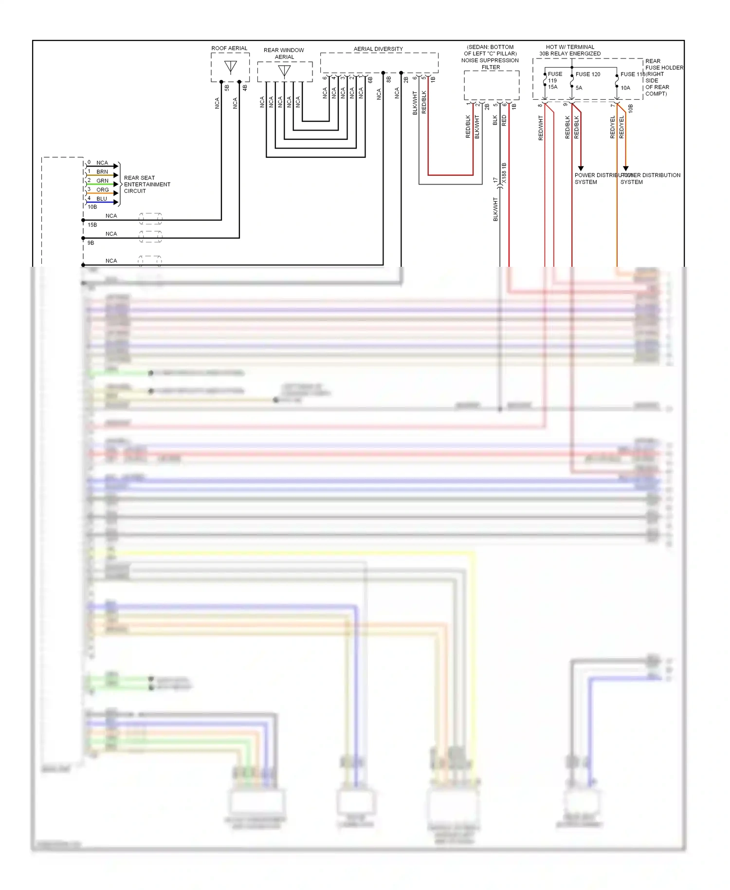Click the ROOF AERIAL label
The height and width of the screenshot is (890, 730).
tap(229, 48)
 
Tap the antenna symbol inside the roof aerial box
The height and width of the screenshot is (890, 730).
tap(231, 66)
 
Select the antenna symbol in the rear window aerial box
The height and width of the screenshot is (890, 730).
tap(285, 71)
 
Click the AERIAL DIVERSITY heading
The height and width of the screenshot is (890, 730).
tap(378, 49)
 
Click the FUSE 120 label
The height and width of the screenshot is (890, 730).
tap(588, 74)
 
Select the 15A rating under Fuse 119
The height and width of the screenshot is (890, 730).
tap(553, 87)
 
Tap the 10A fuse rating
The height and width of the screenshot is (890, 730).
tap(625, 88)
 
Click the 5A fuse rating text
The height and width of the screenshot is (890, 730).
tap(579, 88)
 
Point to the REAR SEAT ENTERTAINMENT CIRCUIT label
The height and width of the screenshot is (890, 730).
tap(146, 185)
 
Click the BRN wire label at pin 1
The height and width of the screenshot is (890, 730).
tap(102, 172)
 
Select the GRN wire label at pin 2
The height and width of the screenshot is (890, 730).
tap(102, 181)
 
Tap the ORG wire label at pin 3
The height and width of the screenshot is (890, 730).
tap(102, 190)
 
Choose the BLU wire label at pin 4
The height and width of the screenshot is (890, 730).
tap(102, 199)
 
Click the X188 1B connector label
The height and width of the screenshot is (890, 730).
tap(504, 173)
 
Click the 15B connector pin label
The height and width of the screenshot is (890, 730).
tap(92, 225)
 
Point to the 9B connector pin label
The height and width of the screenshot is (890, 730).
tap(91, 243)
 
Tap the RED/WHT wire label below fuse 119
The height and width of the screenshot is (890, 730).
tap(541, 128)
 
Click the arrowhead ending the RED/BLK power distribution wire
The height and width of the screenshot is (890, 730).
tap(581, 168)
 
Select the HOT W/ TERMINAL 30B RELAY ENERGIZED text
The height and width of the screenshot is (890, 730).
tap(570, 50)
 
